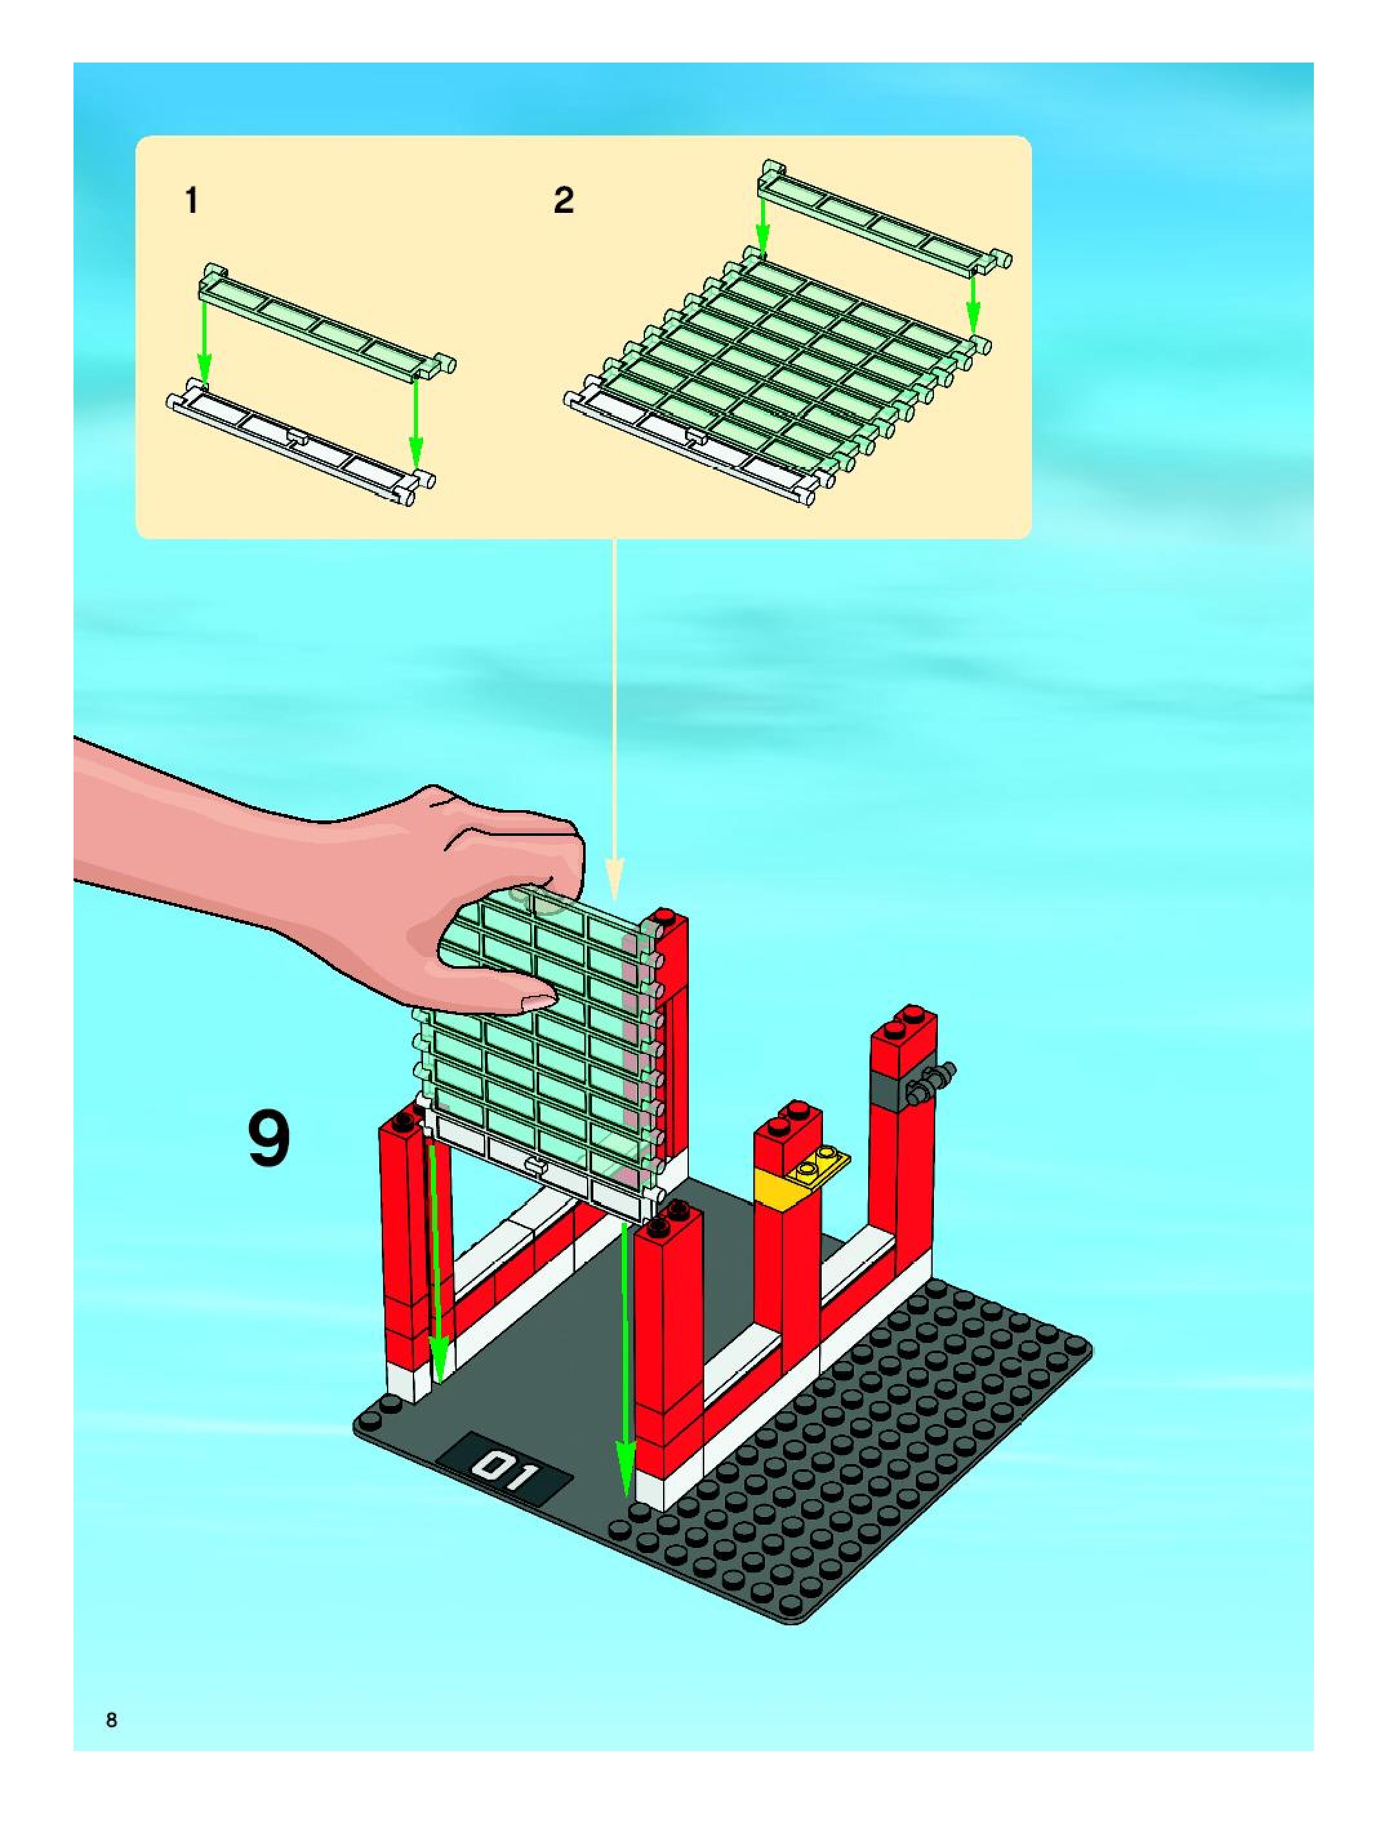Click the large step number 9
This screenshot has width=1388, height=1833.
(270, 1140)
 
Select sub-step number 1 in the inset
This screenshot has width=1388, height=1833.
(192, 201)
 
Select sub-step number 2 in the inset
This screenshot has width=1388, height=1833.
(564, 201)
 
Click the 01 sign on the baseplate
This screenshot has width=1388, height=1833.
(504, 1469)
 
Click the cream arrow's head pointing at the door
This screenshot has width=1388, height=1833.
(614, 879)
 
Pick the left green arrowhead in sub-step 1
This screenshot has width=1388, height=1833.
(204, 367)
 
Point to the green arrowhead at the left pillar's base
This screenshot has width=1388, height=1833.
(439, 1358)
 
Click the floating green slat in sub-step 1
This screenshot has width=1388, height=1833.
(326, 323)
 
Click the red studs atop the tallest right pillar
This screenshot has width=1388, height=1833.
(902, 1021)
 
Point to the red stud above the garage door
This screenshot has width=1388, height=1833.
(662, 916)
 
